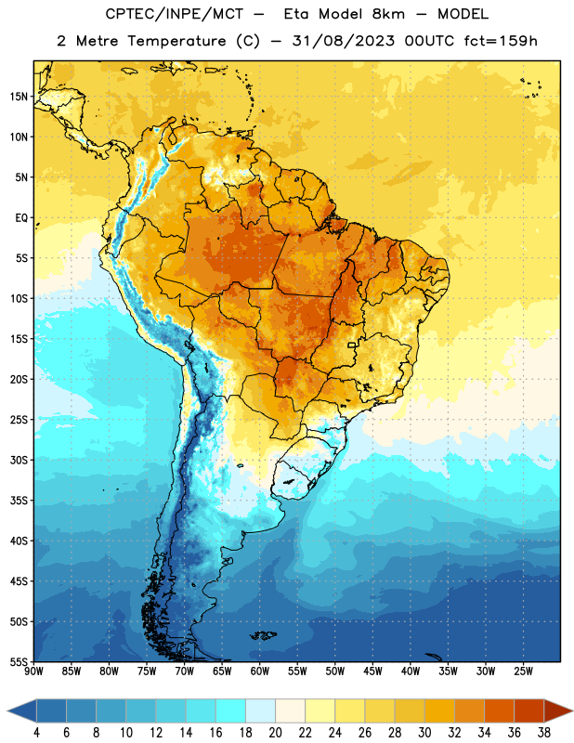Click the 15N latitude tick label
[19, 97]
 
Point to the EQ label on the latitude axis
[21, 218]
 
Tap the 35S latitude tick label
[19, 501]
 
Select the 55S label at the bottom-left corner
[19, 661]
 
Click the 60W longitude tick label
[260, 671]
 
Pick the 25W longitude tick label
[523, 671]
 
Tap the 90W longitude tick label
[33, 671]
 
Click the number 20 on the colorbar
[275, 733]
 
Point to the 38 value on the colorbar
[544, 733]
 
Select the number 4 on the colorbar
[36, 733]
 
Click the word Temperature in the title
[176, 41]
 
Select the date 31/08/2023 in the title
[343, 41]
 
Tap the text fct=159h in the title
[501, 41]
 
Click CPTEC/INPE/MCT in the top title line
[174, 14]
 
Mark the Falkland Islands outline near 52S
[264, 635]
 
